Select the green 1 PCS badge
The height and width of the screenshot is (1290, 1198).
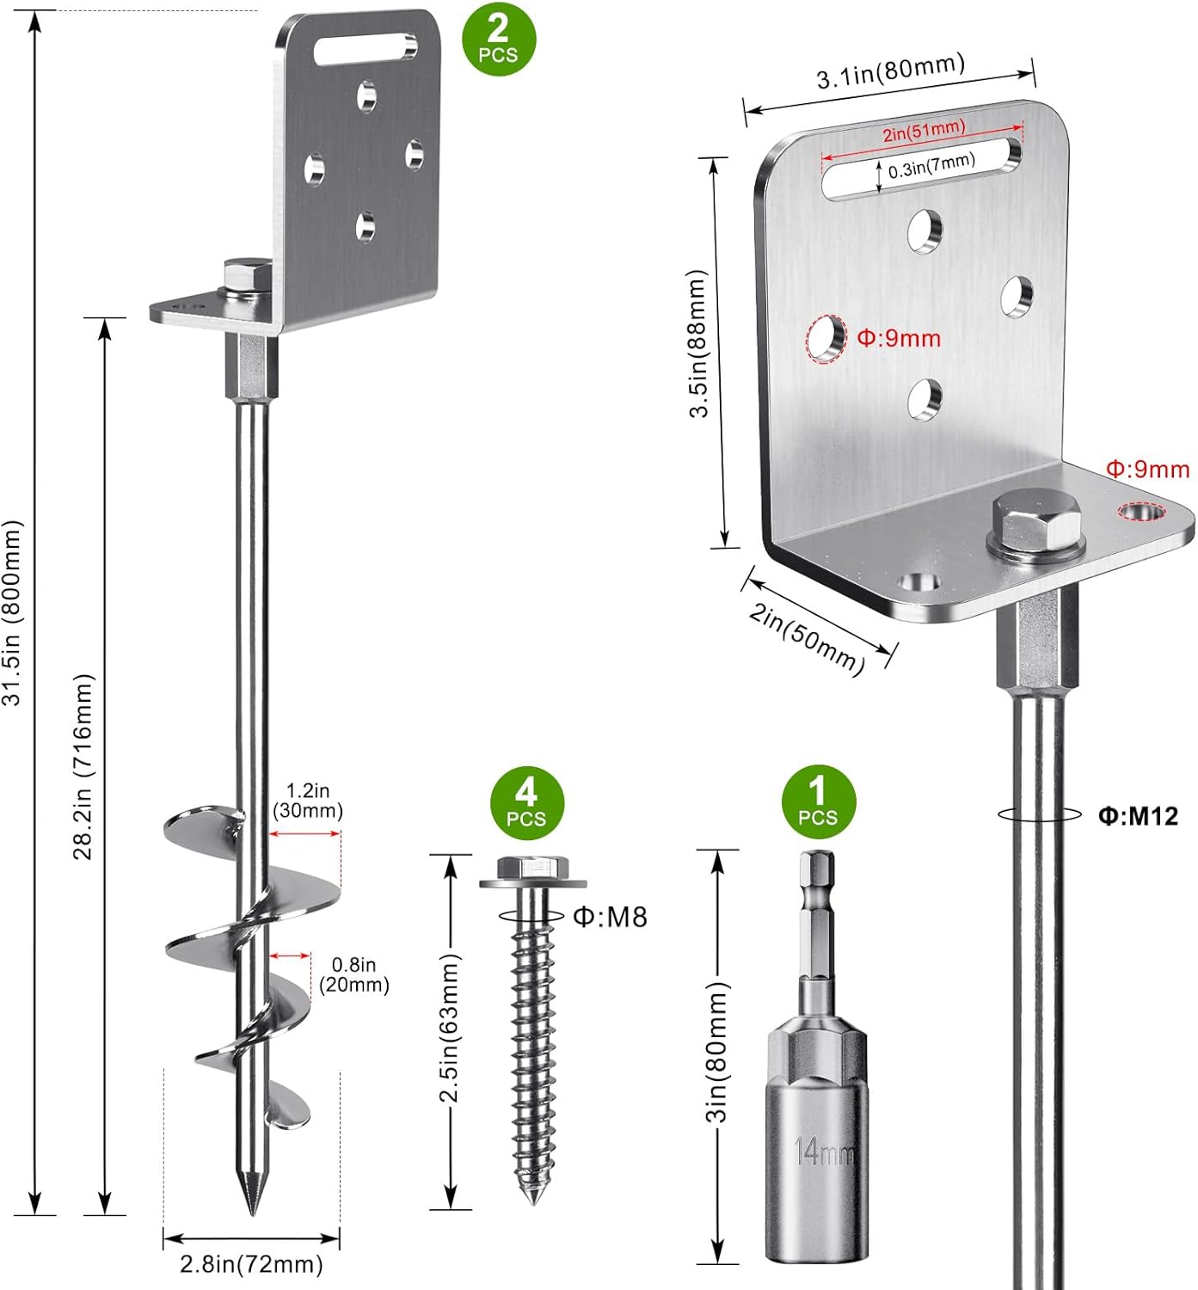pos(818,801)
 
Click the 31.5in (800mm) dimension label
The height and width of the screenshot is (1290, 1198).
pos(12,612)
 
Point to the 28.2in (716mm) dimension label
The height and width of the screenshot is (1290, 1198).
pos(83,766)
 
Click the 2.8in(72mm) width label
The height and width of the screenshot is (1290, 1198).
pos(251,1264)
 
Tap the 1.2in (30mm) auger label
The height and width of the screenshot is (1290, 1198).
pos(308,801)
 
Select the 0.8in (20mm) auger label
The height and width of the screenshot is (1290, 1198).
pos(354,975)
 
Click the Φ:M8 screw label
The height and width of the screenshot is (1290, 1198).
pos(610,917)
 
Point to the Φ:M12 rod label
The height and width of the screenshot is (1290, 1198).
pos(1138,815)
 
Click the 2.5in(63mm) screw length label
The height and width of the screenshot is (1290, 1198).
pos(450,1028)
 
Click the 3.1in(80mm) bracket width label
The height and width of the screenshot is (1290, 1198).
pos(890,71)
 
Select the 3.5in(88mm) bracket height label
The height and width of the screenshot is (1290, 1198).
pos(697,344)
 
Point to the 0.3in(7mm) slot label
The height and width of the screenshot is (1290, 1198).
pos(931,165)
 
